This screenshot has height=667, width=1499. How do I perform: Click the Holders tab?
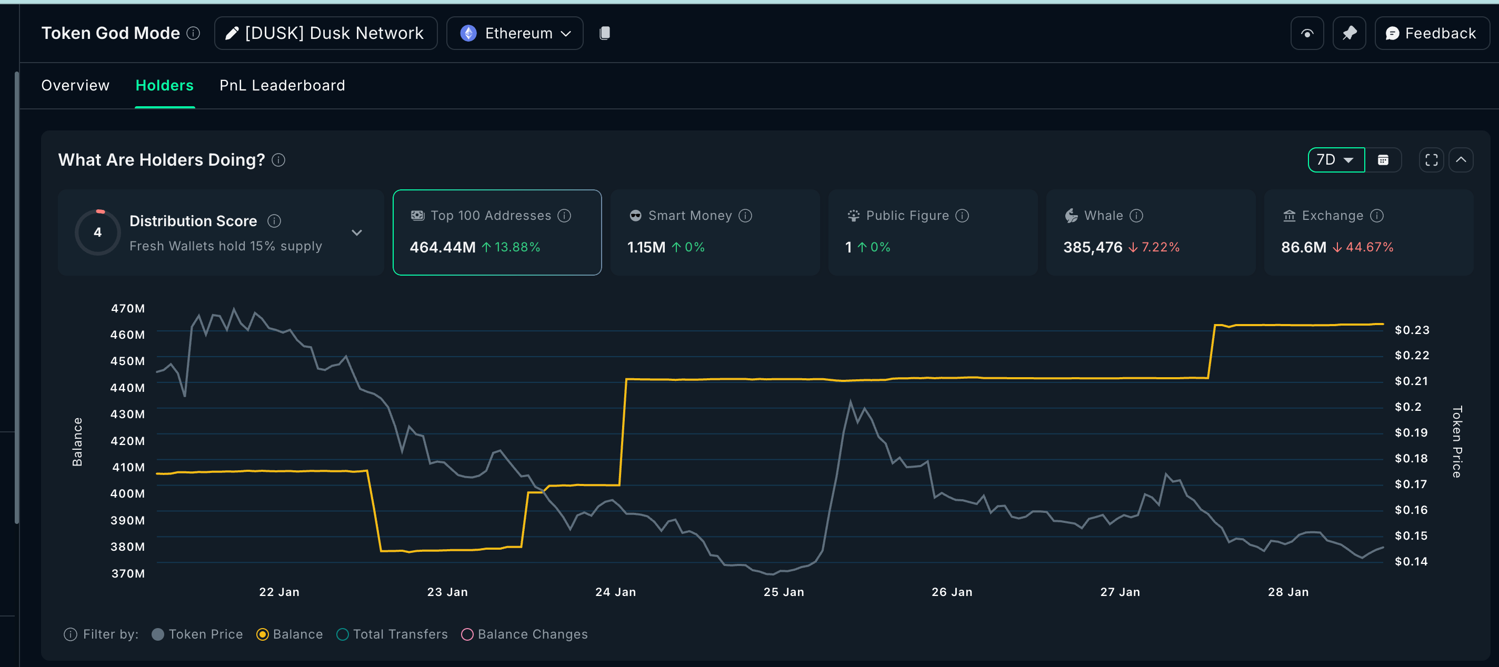(164, 86)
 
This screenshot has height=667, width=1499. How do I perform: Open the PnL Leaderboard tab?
(282, 86)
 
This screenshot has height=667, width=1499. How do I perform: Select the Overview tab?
(75, 86)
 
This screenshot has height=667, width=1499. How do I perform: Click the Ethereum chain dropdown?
(514, 33)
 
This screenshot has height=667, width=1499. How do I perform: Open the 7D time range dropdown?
(1335, 160)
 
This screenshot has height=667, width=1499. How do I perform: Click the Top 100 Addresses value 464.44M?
(442, 247)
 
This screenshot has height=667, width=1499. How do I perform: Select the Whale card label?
(1103, 216)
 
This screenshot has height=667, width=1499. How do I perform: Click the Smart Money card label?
(689, 216)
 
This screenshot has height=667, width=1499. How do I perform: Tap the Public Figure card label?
(907, 216)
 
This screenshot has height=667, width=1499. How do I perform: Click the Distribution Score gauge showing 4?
(98, 232)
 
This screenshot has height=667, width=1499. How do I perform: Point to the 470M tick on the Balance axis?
(128, 308)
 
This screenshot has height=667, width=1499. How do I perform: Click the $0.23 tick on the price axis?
(1411, 330)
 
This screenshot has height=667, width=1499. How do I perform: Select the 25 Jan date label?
(783, 592)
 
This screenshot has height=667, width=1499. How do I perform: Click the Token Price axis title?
(1456, 441)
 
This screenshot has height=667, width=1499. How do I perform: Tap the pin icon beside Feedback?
(1349, 33)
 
